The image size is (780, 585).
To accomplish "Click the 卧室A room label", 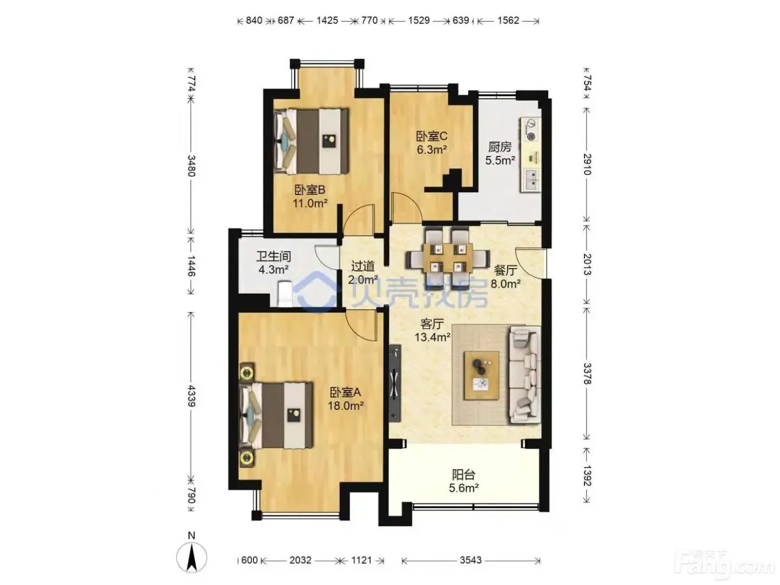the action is point(345,392).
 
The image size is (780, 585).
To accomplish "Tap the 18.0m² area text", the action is point(345,405).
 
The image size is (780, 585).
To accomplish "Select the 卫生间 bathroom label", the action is point(274,256).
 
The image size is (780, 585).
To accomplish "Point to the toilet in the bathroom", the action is point(284,294).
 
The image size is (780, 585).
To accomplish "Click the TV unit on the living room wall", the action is point(395,383).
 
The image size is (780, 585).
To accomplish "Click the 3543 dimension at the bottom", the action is point(470,560).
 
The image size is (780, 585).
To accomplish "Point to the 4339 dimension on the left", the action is point(191,396).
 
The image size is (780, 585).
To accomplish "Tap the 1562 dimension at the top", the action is point(508,20).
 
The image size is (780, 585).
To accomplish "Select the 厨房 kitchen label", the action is point(500,147).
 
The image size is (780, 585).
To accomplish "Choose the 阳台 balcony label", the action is point(464,474).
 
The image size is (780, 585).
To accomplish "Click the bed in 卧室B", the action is point(310,140).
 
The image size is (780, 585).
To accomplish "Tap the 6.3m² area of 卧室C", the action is point(431,149).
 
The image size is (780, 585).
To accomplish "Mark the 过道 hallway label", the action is point(363,266).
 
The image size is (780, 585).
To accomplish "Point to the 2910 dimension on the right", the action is point(587,164).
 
